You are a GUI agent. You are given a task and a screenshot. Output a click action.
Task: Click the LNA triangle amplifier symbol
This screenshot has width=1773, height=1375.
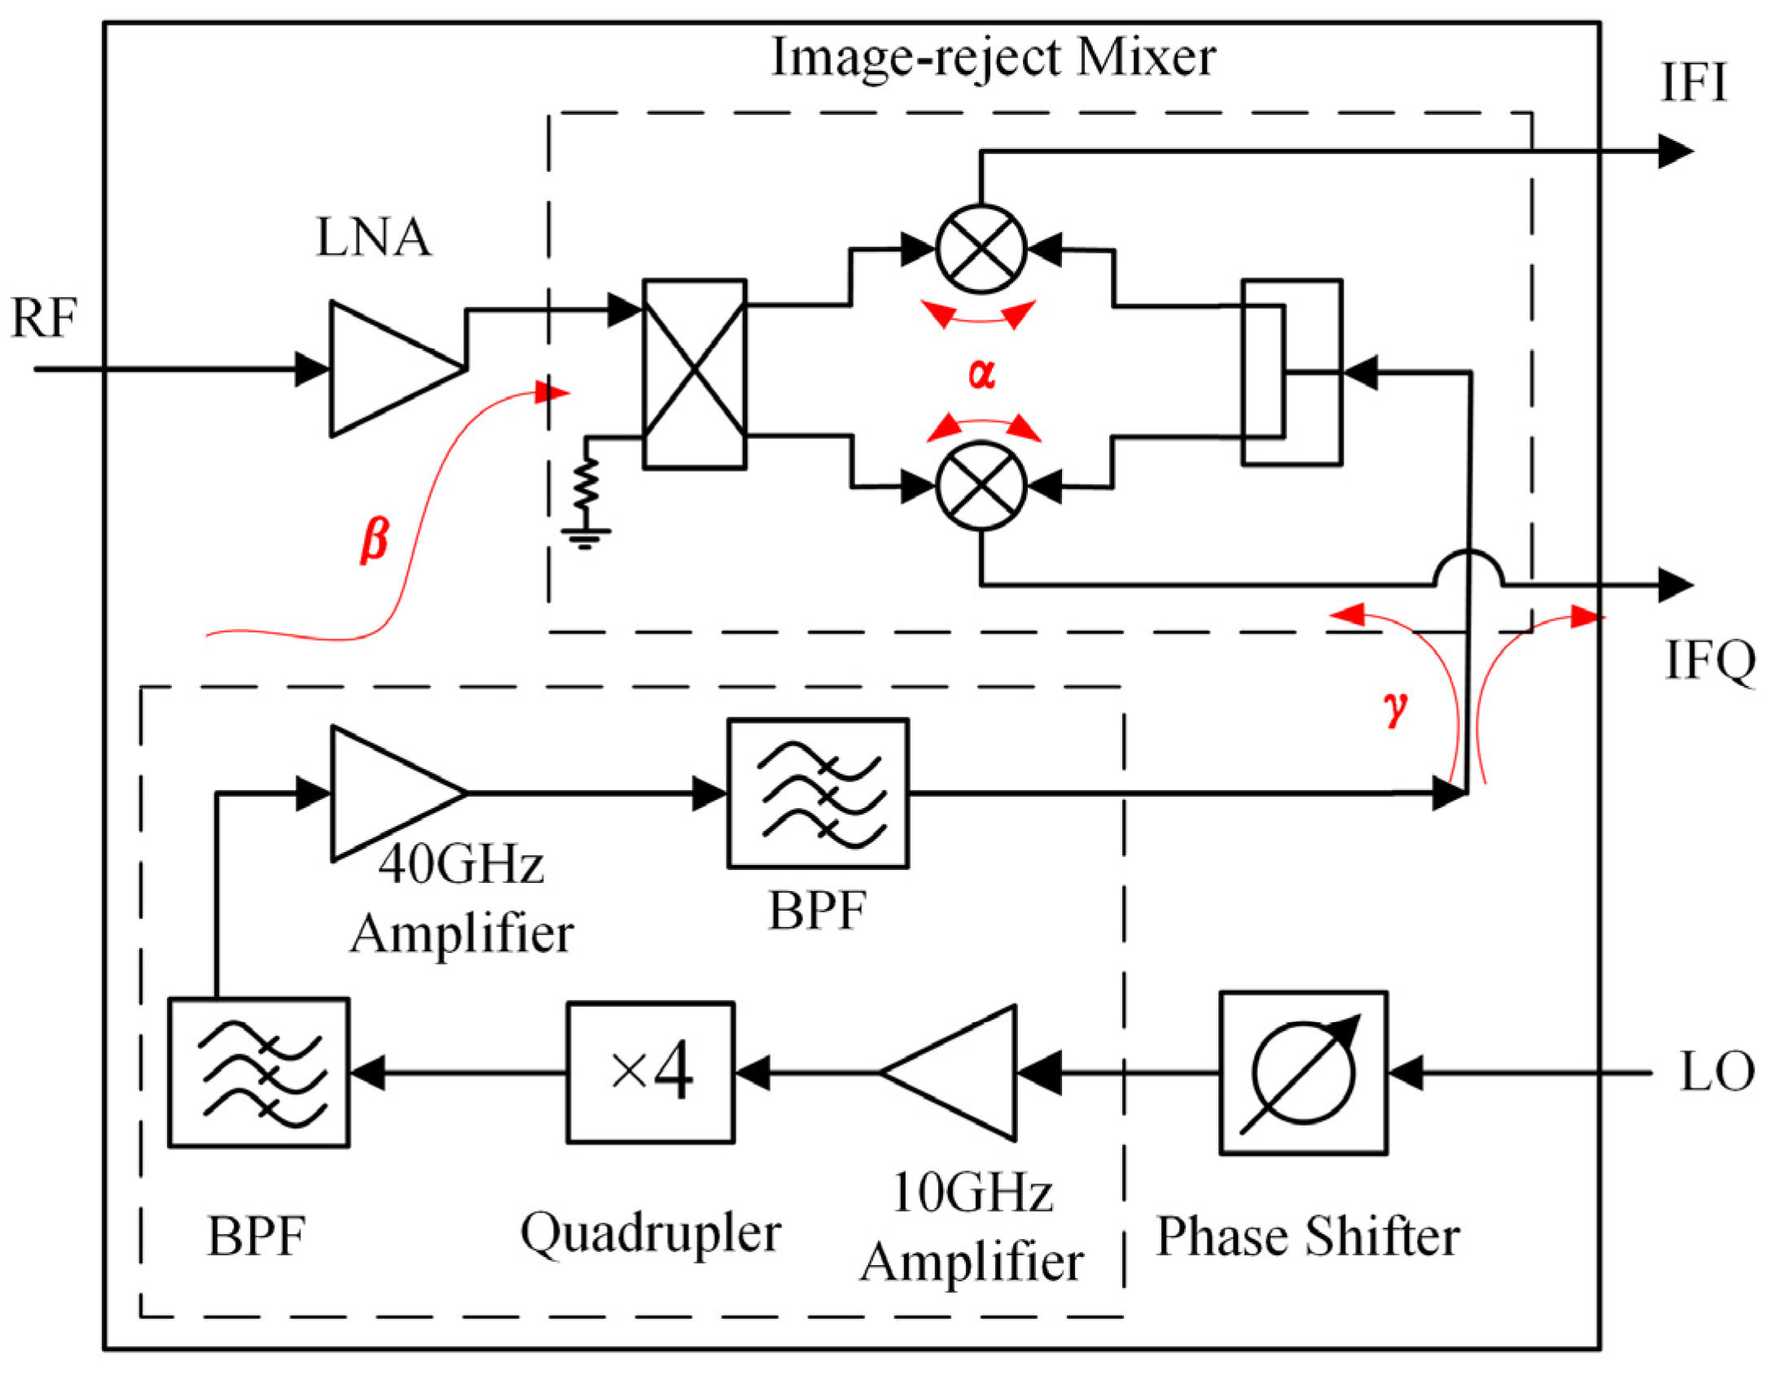[387, 368]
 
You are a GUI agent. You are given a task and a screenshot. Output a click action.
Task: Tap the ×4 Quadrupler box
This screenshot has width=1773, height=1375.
[650, 1072]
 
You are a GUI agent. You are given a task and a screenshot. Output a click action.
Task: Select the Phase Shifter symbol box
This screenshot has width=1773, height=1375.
[1302, 1072]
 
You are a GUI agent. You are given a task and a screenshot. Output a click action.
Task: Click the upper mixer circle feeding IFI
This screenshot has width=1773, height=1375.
[981, 249]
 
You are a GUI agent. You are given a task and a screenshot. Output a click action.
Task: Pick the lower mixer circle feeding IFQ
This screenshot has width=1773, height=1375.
[981, 485]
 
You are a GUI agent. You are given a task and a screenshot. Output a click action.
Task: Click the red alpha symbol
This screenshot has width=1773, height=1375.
[981, 373]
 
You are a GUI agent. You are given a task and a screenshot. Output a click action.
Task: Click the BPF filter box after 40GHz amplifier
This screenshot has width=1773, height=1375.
[817, 793]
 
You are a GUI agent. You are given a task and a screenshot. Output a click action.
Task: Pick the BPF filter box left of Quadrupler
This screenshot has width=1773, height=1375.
[258, 1072]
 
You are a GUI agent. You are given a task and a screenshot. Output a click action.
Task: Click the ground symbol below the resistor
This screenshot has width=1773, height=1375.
[585, 538]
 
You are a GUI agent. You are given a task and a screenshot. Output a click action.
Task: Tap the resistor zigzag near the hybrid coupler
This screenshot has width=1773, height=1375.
[585, 485]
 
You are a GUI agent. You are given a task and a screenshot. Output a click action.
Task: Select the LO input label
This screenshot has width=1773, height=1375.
[1717, 1072]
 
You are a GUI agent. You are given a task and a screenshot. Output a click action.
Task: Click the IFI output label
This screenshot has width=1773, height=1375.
[1694, 83]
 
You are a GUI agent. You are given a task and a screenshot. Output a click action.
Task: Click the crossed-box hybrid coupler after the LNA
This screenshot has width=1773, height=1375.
[694, 373]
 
